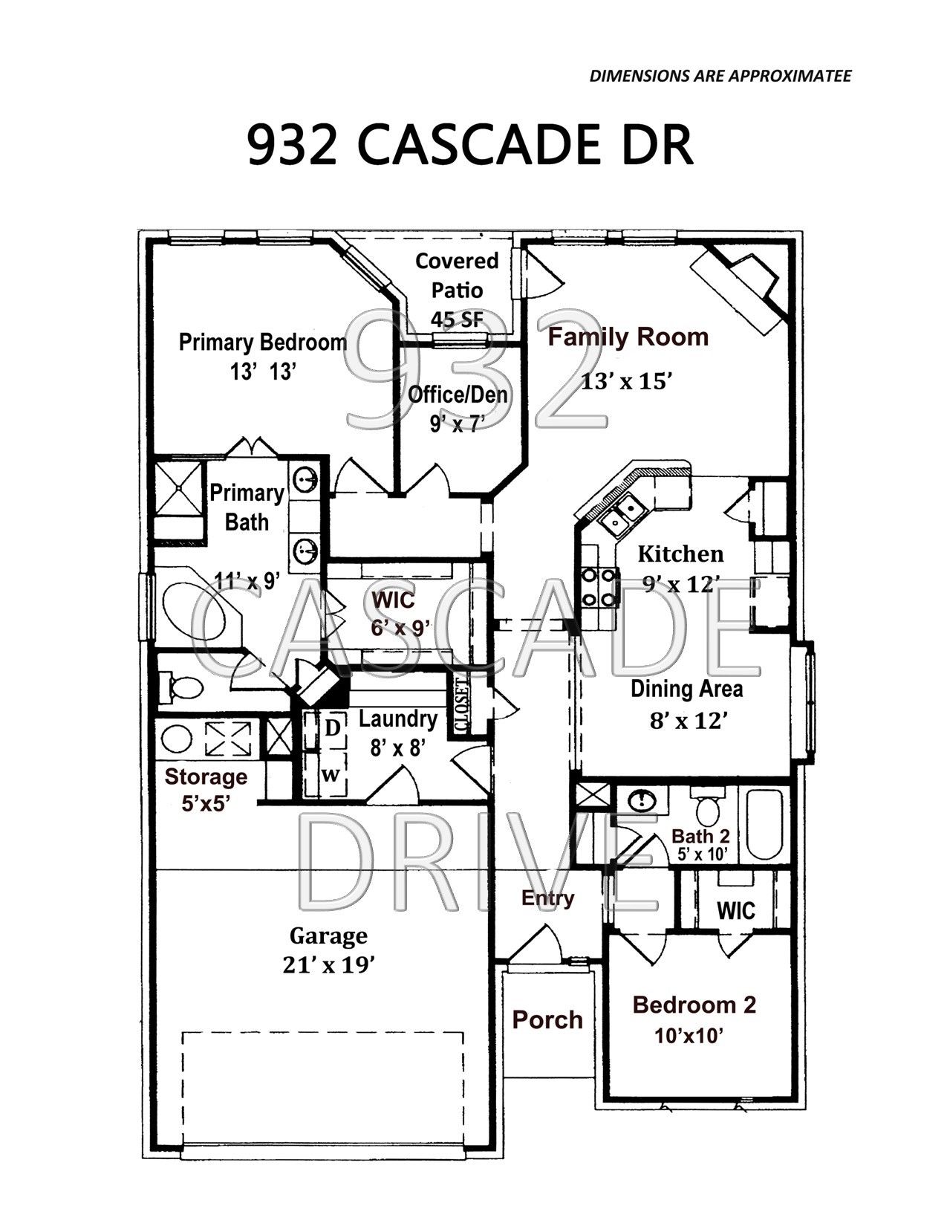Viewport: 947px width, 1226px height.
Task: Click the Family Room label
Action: click(628, 337)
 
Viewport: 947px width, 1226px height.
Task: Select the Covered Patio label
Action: click(457, 276)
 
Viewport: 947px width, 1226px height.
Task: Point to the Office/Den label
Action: click(458, 395)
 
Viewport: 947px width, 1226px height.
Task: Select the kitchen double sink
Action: click(622, 514)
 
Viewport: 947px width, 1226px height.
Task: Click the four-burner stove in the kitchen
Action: click(599, 587)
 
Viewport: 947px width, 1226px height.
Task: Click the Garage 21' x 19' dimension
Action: click(329, 966)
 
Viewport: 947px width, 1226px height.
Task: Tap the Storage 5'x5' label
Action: click(206, 789)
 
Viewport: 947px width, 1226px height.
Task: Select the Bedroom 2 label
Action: click(694, 1005)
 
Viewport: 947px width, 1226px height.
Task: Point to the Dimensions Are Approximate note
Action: click(720, 77)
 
